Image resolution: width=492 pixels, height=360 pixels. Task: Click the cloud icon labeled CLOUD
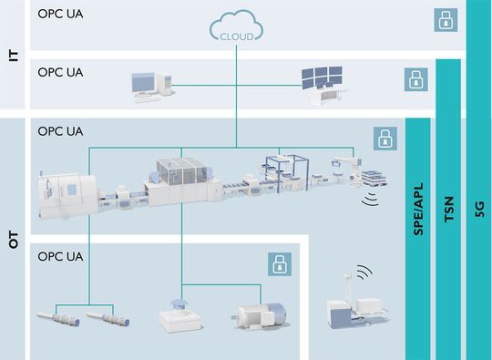click(x=237, y=29)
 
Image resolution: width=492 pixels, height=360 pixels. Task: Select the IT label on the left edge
click(x=13, y=55)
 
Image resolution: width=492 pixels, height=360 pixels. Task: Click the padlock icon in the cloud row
click(x=445, y=20)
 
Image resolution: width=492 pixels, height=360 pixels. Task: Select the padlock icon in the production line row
click(x=384, y=139)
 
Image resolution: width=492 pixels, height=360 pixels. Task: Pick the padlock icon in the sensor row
click(x=279, y=264)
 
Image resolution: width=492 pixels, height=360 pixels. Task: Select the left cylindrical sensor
click(x=61, y=320)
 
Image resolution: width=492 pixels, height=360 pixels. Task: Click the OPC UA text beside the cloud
click(x=60, y=15)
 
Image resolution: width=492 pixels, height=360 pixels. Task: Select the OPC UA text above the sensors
click(x=60, y=256)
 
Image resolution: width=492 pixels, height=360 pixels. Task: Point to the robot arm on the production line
click(x=344, y=167)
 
